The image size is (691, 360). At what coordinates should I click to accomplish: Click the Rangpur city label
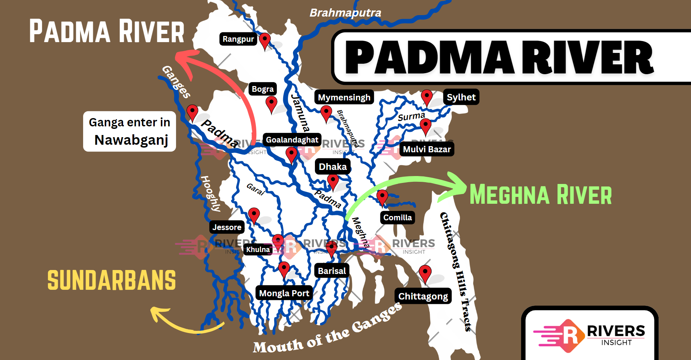click(x=238, y=39)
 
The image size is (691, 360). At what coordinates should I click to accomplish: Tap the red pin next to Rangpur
click(x=265, y=40)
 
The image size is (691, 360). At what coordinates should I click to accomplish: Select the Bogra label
click(x=262, y=89)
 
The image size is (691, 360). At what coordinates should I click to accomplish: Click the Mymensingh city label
click(x=344, y=97)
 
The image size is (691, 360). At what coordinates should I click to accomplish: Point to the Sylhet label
click(x=461, y=97)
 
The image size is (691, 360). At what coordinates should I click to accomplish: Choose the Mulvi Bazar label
click(x=426, y=149)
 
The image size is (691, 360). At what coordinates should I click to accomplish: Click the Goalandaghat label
click(x=292, y=140)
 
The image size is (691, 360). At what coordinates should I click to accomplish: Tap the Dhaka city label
click(x=333, y=167)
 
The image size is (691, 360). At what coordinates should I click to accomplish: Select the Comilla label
click(x=397, y=217)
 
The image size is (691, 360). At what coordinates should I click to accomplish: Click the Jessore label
click(x=227, y=227)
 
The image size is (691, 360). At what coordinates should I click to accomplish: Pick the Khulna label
click(x=258, y=249)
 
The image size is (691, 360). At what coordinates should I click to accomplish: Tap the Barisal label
click(x=331, y=271)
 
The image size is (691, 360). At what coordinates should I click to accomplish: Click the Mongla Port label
click(x=284, y=293)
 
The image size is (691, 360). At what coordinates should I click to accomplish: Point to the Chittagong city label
click(x=423, y=296)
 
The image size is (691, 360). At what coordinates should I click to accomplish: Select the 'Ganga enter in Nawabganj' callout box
click(x=130, y=131)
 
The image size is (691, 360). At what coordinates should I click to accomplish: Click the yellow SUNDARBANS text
click(x=112, y=280)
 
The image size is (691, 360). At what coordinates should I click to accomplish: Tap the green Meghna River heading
click(x=541, y=195)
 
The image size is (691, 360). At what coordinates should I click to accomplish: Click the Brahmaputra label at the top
click(x=345, y=13)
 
